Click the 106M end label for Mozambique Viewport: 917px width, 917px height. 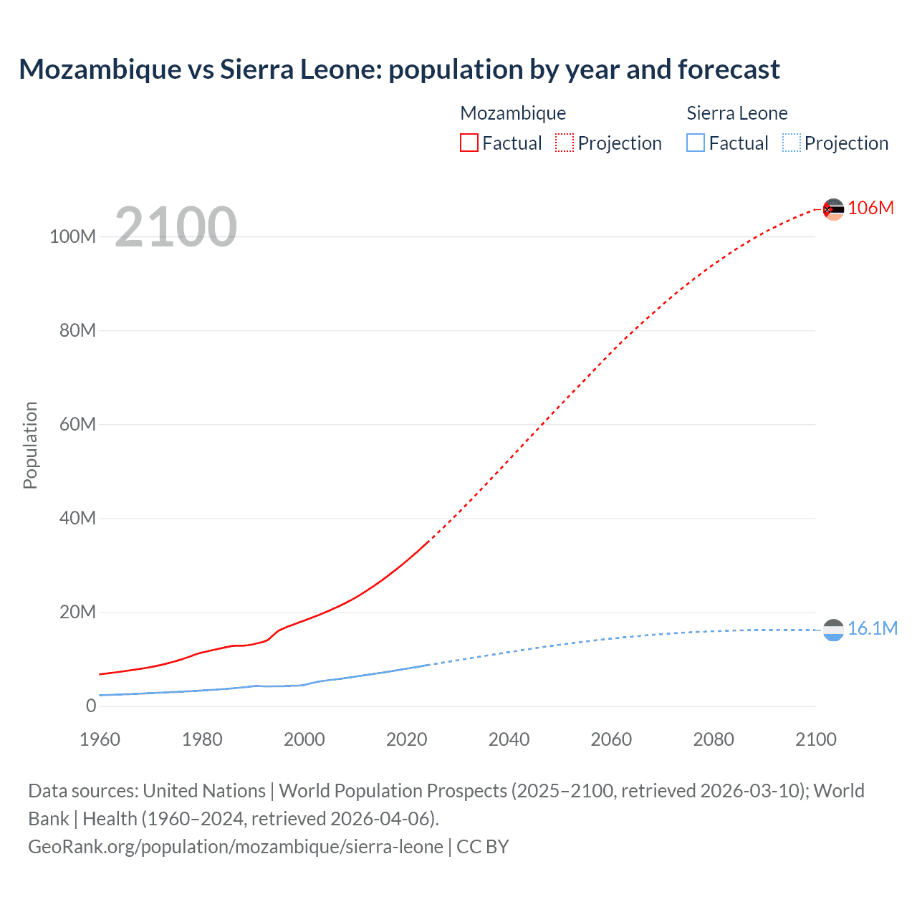(870, 208)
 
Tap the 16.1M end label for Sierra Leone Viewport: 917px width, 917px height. (872, 629)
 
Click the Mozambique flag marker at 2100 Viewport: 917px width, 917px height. (833, 209)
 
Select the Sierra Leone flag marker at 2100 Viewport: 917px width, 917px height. (833, 630)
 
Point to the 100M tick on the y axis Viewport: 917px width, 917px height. (72, 237)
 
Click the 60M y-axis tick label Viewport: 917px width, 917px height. (77, 425)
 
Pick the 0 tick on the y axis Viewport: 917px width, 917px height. (91, 706)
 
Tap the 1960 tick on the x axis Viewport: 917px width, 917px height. (100, 739)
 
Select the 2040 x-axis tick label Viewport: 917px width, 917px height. (509, 739)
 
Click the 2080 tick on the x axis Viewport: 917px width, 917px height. (714, 739)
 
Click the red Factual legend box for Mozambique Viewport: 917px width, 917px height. (469, 143)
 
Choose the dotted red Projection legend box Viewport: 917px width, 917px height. (565, 143)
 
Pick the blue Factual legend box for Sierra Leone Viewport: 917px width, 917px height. (695, 143)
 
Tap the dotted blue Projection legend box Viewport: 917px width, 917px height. (791, 143)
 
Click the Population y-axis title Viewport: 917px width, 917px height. (30, 445)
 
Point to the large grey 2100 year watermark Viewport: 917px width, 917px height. (176, 227)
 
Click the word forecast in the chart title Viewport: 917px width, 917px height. (729, 69)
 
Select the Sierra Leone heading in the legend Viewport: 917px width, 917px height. (736, 113)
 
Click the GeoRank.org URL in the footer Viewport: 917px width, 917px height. (236, 847)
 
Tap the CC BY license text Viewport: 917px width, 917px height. (483, 847)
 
